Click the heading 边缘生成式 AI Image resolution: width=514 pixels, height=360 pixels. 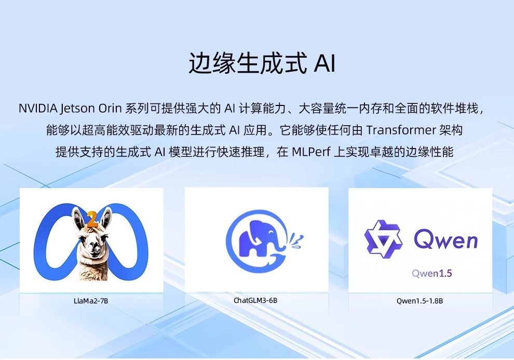pos(262,62)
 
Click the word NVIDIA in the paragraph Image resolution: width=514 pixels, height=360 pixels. pos(38,108)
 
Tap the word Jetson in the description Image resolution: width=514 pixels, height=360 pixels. pos(78,109)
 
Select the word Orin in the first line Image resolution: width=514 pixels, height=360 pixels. pos(110,108)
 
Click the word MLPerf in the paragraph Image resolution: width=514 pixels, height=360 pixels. pos(311,152)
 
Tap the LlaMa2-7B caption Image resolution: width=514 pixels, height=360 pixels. pos(91,301)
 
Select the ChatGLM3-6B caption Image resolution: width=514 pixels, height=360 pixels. pos(255,300)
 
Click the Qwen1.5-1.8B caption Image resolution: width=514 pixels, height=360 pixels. pos(420,301)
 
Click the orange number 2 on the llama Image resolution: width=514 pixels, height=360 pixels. pos(92,220)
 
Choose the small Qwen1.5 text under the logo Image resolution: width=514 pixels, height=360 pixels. pos(432,273)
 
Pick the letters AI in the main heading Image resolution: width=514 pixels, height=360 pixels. pos(324,63)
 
